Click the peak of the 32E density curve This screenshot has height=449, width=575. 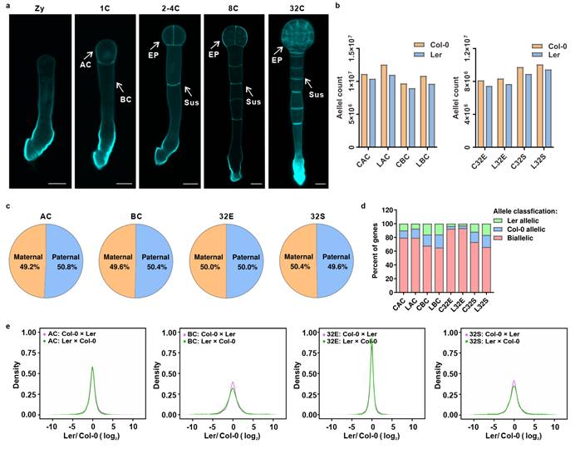[372, 343]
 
